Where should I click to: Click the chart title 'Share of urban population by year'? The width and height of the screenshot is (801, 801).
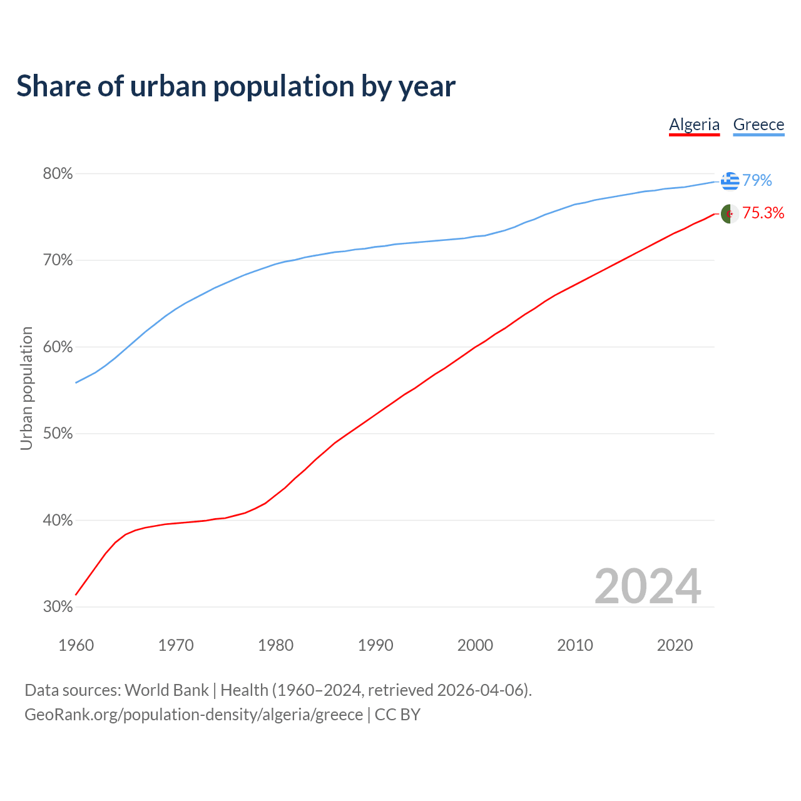[x=236, y=86]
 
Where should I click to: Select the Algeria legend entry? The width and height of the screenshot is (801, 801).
[x=694, y=125]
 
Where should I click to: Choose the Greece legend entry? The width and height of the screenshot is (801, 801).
[x=758, y=125]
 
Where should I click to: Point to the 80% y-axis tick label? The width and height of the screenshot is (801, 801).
[x=58, y=174]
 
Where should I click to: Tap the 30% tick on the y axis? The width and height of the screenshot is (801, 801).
[x=58, y=607]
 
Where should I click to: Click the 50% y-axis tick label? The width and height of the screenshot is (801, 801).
[x=58, y=434]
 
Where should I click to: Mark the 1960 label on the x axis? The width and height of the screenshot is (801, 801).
[x=76, y=645]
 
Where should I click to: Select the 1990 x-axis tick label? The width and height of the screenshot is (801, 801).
[x=375, y=645]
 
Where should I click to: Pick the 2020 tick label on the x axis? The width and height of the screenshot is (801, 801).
[x=675, y=645]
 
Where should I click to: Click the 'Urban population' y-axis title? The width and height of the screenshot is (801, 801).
[x=26, y=388]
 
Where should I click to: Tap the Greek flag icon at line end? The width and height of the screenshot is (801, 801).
[x=730, y=181]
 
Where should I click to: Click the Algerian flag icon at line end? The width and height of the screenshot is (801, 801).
[x=730, y=214]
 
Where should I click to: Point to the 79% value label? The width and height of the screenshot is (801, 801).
[x=757, y=181]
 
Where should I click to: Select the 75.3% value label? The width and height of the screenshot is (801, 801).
[x=763, y=213]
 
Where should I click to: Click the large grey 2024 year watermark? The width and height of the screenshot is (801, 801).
[x=648, y=586]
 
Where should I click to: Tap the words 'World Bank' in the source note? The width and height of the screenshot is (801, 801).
[x=166, y=690]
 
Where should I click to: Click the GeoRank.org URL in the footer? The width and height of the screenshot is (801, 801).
[x=193, y=715]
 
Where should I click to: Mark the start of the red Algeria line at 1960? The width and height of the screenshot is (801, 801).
[x=76, y=594]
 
